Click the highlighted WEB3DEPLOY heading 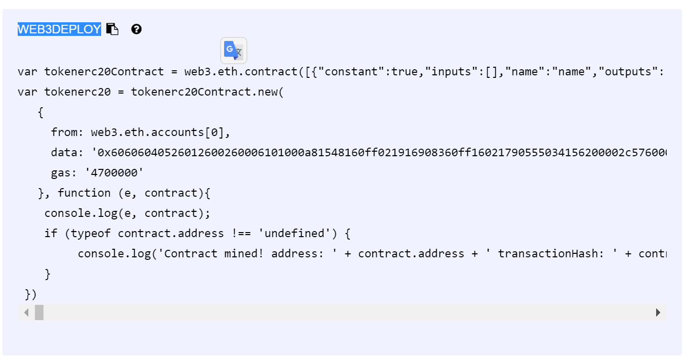click(59, 29)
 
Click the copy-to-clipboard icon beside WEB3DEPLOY click(112, 29)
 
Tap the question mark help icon click(136, 29)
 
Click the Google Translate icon click(234, 51)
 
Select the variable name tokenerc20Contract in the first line click(104, 72)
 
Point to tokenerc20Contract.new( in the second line click(207, 92)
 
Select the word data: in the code click(67, 153)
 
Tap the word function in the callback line click(84, 193)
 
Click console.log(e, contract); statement click(127, 213)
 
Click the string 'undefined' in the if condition click(294, 234)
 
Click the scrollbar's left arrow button click(26, 312)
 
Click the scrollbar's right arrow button click(658, 312)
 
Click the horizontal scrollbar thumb click(39, 312)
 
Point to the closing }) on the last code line click(31, 294)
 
